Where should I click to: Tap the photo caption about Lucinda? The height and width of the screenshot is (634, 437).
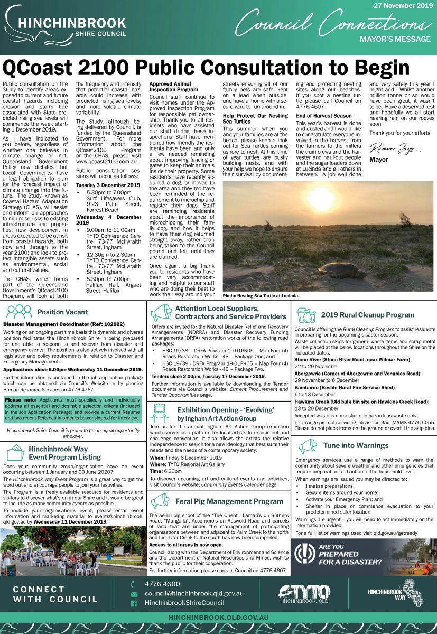pyautogui.click(x=261, y=296)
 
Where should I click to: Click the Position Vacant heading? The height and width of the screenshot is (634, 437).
pyautogui.click(x=62, y=312)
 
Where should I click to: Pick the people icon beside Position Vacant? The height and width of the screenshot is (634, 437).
pyautogui.click(x=19, y=311)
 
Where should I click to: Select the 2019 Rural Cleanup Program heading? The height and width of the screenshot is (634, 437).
pyautogui.click(x=368, y=315)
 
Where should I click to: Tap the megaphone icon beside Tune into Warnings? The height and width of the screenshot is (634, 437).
pyautogui.click(x=308, y=446)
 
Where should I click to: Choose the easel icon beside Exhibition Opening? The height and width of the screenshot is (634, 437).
pyautogui.click(x=161, y=409)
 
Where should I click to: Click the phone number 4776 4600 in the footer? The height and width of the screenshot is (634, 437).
pyautogui.click(x=162, y=584)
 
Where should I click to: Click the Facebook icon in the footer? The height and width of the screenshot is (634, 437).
pyautogui.click(x=134, y=603)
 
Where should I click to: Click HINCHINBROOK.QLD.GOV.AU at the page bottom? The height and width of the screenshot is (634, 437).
pyautogui.click(x=218, y=617)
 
